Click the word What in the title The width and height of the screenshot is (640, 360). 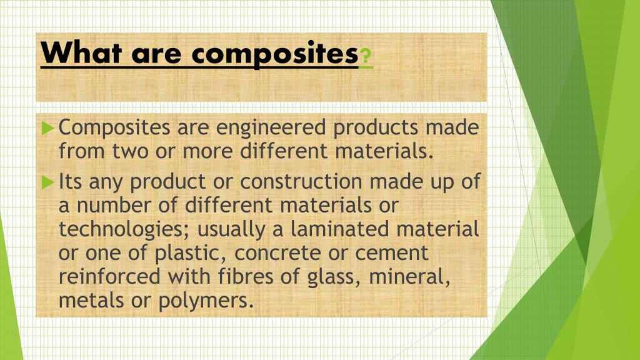81,52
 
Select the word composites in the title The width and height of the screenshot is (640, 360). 275,54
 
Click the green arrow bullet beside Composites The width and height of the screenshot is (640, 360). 47,127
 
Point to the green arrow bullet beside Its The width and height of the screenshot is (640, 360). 47,182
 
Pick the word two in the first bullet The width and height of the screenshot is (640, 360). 130,151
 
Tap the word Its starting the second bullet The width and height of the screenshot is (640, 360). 71,182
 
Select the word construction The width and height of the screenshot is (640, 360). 301,182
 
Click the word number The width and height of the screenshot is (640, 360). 114,205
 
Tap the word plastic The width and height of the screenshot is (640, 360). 190,254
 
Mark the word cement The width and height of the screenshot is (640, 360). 392,254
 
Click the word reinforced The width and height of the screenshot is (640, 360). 109,276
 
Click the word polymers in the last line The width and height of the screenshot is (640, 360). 206,301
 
